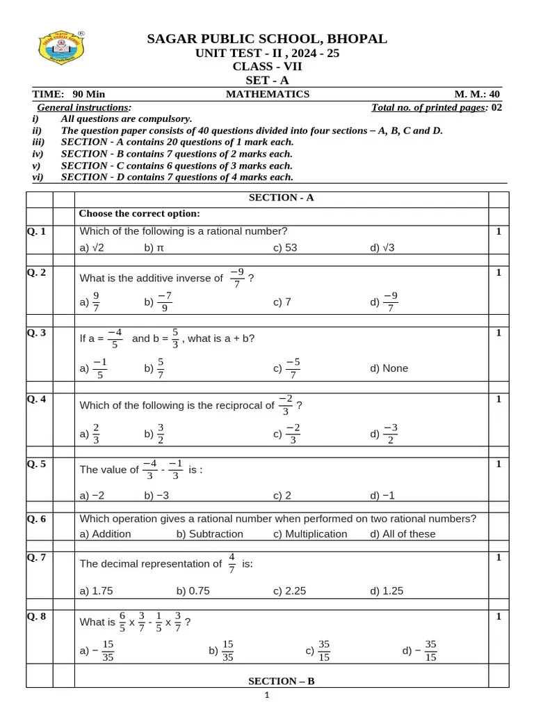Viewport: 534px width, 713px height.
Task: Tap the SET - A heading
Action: [267, 80]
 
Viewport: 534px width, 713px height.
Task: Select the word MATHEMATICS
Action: [268, 94]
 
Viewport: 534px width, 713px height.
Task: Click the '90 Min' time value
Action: [88, 94]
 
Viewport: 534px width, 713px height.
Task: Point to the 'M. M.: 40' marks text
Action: [476, 94]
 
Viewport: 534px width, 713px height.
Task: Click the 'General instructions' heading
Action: [83, 107]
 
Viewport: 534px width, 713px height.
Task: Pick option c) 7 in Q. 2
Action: [282, 301]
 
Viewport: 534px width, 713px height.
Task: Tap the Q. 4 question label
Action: [37, 399]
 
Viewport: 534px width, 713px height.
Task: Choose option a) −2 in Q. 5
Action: [92, 495]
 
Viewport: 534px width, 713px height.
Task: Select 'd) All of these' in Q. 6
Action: [403, 534]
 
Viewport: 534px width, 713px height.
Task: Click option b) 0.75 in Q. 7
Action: [193, 590]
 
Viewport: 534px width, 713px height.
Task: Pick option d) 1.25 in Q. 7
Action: [387, 590]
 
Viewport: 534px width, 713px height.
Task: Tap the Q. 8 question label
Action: [37, 616]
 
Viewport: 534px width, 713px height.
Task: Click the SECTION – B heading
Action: [282, 681]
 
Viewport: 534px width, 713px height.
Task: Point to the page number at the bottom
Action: [267, 695]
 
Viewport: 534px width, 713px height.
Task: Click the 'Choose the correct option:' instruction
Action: [139, 214]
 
